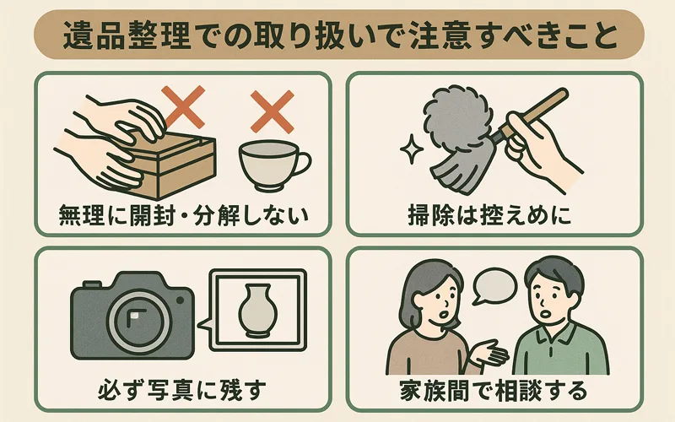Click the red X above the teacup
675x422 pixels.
pyautogui.click(x=273, y=111)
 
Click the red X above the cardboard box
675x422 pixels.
pyautogui.click(x=183, y=106)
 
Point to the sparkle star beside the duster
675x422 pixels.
pyautogui.click(x=412, y=149)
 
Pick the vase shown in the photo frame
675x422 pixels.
pyautogui.click(x=257, y=310)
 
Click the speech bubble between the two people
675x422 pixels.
pyautogui.click(x=494, y=286)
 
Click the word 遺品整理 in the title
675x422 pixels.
pyautogui.click(x=127, y=35)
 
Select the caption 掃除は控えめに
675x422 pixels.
pyautogui.click(x=489, y=215)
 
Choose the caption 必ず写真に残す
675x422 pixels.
pyautogui.click(x=181, y=390)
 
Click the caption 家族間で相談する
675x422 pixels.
pyautogui.click(x=494, y=390)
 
